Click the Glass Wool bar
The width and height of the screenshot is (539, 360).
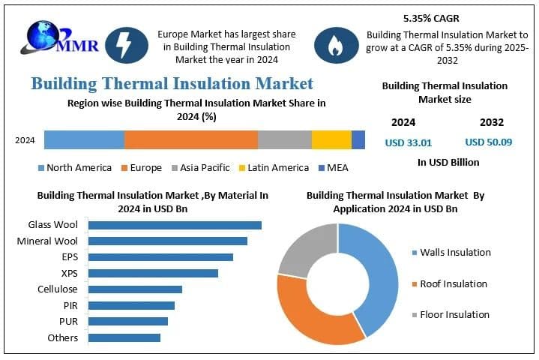coord(175,225)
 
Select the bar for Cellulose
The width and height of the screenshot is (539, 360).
coord(135,289)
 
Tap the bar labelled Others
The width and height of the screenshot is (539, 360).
coord(124,338)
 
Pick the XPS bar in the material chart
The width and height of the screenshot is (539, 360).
coord(153,274)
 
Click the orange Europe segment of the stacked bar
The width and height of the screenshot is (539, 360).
coord(191,140)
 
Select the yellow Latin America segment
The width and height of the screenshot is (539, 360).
coord(331,140)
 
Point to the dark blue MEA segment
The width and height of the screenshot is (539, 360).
coord(358,140)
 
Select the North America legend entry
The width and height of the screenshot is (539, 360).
coord(74,168)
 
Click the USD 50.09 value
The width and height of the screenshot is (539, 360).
coord(488,142)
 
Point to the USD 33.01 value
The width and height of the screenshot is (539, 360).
coord(409,142)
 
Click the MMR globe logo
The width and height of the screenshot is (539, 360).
coord(41,37)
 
